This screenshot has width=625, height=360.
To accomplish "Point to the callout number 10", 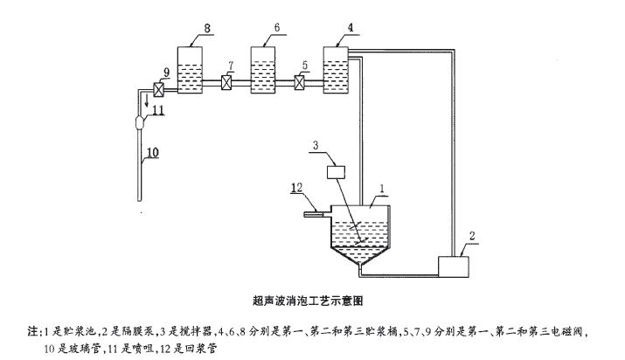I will [x=150, y=152].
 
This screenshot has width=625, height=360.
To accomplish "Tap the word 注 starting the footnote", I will [x=33, y=331].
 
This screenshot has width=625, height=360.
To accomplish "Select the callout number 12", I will [x=299, y=185].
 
